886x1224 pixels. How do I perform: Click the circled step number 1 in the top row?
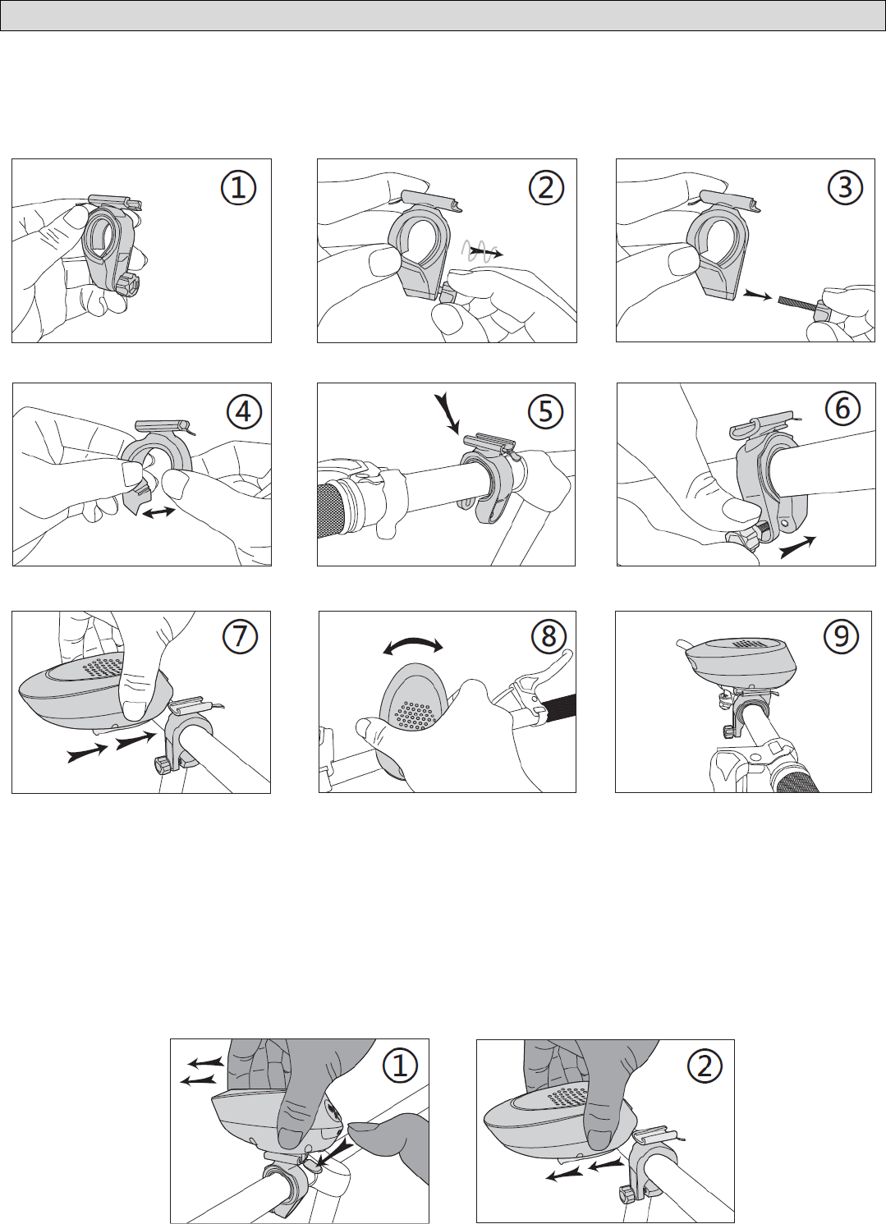tap(239, 188)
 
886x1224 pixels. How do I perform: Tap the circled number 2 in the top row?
tap(546, 188)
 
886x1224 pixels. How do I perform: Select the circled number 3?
tap(845, 188)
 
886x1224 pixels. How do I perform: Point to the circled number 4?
tap(243, 411)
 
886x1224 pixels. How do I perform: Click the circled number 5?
tap(546, 411)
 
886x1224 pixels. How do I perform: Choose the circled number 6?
tap(842, 408)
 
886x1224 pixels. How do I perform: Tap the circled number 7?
tap(239, 637)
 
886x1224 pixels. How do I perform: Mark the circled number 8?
tap(549, 635)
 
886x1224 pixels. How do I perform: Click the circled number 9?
tap(841, 636)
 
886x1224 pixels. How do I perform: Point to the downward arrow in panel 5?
tap(448, 414)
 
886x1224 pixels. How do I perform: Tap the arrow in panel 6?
tap(797, 547)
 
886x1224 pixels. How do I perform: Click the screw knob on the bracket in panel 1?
tap(126, 286)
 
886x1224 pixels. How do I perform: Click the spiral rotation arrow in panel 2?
tap(484, 252)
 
